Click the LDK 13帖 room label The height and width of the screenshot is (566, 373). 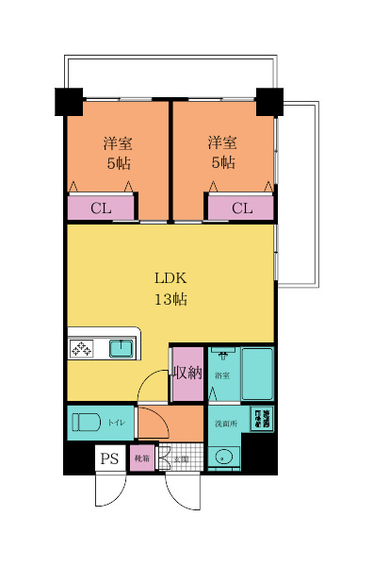[x=170, y=289]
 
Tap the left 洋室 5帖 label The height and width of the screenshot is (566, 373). [x=117, y=153]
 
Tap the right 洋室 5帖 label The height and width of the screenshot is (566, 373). [x=222, y=153]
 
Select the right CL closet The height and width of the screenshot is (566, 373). [x=240, y=208]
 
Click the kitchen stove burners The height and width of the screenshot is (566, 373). [x=81, y=349]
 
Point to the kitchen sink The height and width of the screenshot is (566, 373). [x=122, y=349]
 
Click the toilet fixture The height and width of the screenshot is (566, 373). [x=86, y=422]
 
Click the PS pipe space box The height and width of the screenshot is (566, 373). [x=110, y=459]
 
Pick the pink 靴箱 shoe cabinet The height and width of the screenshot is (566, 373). [x=141, y=459]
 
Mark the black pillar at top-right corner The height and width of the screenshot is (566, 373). [x=268, y=99]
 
